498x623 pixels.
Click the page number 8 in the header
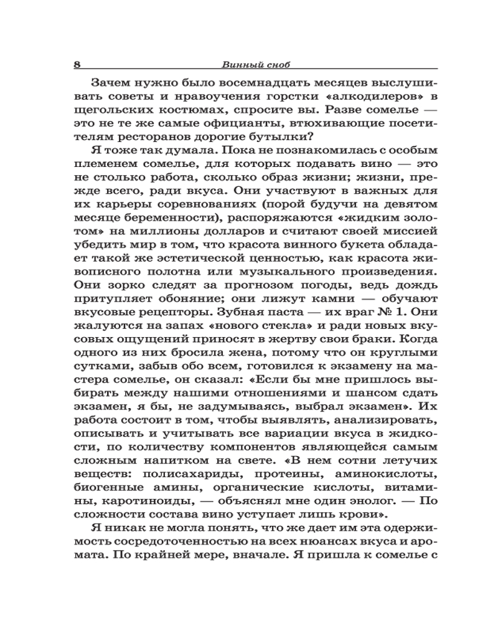pyautogui.click(x=77, y=64)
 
